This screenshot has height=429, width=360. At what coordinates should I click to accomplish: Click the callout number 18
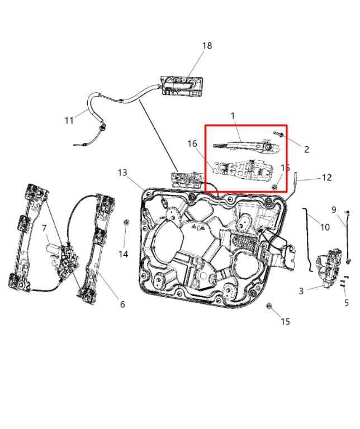click(x=207, y=45)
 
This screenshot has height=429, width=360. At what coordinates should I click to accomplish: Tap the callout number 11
click(x=69, y=120)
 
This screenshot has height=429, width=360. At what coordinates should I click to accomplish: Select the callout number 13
click(x=122, y=173)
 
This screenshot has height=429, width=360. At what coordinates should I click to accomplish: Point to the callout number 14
click(x=123, y=254)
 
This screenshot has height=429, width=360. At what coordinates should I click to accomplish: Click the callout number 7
click(x=44, y=228)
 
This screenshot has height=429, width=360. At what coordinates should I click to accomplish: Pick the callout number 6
click(x=122, y=304)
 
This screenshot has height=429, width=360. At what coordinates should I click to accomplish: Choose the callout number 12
click(x=327, y=178)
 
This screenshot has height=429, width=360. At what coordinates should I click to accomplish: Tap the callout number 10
click(x=325, y=227)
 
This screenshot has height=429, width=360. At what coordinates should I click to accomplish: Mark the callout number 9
click(x=334, y=209)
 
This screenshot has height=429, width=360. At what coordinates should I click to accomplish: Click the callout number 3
click(x=301, y=291)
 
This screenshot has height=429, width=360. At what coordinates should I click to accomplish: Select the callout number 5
click(x=347, y=303)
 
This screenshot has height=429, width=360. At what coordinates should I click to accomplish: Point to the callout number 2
click(x=306, y=149)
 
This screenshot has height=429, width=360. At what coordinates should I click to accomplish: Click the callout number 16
click(x=192, y=144)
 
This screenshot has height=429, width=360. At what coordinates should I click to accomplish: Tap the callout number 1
click(x=233, y=116)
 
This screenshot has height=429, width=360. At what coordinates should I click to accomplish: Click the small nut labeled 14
click(x=126, y=222)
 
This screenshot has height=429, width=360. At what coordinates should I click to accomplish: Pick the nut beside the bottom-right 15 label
click(x=268, y=306)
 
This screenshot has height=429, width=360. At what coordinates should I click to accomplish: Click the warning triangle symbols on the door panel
click(x=198, y=227)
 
